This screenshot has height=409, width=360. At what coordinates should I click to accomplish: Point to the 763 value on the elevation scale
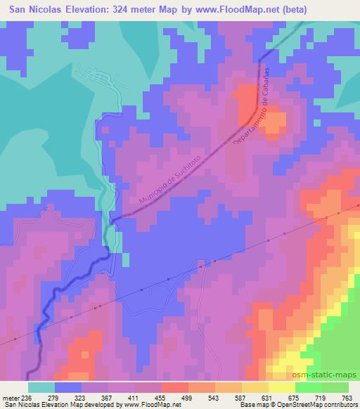click(347, 397)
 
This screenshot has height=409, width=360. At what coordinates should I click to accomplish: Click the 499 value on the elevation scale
click(188, 397)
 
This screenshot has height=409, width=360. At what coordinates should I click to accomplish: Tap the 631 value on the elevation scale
click(268, 397)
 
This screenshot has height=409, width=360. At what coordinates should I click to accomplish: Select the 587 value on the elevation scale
click(241, 397)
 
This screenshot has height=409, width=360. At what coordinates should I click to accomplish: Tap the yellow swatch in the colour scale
click(281, 387)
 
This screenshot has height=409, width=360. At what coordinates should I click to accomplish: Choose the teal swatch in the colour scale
click(41, 387)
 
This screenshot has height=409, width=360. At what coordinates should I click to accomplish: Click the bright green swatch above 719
click(308, 387)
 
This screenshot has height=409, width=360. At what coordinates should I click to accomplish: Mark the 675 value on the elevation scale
click(295, 397)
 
